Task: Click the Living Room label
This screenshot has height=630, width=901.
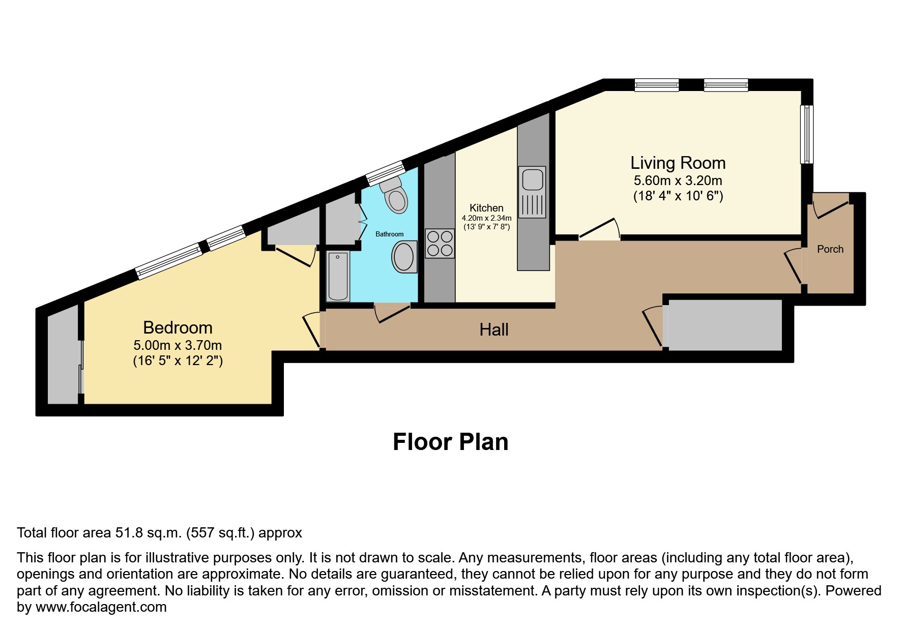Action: [678, 163]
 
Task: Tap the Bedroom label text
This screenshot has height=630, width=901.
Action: [178, 327]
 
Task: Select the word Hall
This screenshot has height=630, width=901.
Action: [493, 330]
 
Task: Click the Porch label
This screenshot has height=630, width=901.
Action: [830, 249]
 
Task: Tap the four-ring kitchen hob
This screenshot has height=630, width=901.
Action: [440, 244]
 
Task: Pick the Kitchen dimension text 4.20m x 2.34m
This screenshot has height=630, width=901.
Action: [486, 218]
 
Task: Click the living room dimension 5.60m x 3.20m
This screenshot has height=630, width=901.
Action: [678, 181]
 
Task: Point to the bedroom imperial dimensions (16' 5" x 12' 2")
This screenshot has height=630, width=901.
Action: [178, 361]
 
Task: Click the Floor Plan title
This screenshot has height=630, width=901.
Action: [450, 442]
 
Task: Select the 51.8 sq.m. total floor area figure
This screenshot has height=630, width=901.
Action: [148, 533]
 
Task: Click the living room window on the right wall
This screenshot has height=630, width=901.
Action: [806, 134]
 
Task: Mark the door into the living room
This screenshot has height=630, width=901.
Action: [599, 229]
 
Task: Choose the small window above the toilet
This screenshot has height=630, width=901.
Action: [385, 172]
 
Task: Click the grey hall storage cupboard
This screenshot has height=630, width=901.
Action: [725, 325]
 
